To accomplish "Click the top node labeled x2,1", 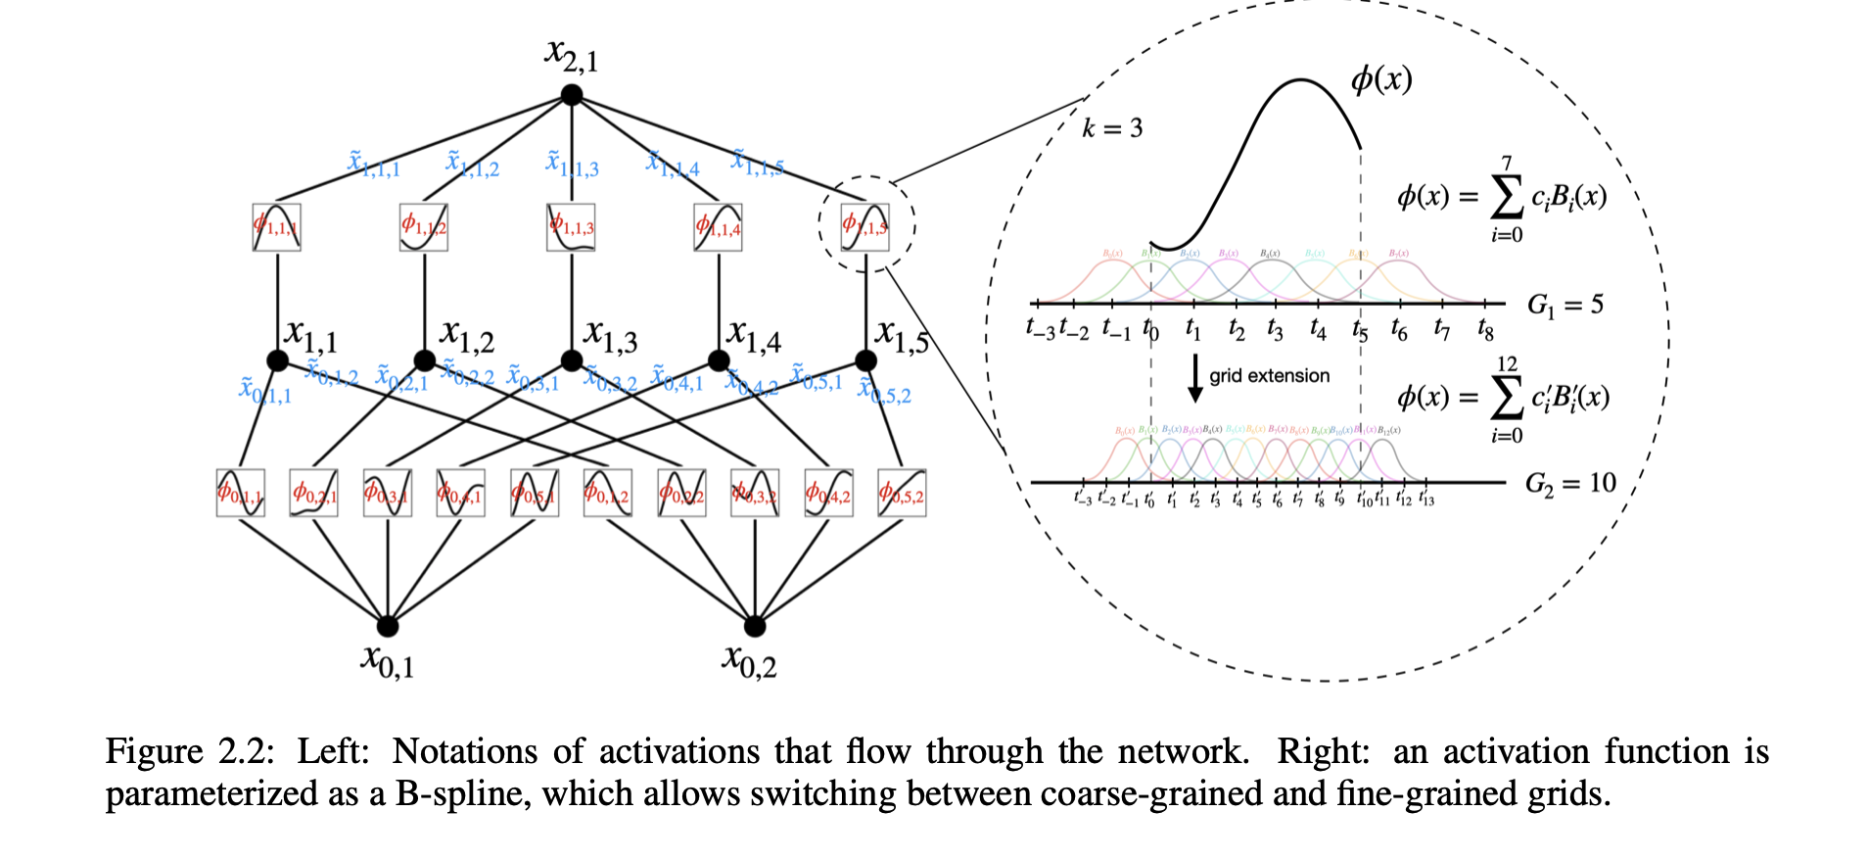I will coord(572,95).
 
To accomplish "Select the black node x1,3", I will coord(572,360).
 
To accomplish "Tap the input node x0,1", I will coord(388,626).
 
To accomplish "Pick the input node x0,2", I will coord(755,626).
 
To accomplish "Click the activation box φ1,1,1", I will coord(276,227).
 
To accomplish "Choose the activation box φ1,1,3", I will coord(571,227).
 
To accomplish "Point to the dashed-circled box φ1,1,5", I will coord(865,227).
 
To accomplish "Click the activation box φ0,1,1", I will coord(240,494).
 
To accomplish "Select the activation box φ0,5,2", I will coord(902,494).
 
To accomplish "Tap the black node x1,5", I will coord(865,360).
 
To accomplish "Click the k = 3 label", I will coord(1112,128).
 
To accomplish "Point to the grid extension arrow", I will coord(1194,378).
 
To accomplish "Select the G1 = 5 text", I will coord(1565,306).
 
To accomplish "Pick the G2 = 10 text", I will coord(1570,483).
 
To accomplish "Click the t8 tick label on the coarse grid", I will coord(1485,329).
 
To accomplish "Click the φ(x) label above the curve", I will coord(1381,78).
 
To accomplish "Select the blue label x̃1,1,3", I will coord(572,164).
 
